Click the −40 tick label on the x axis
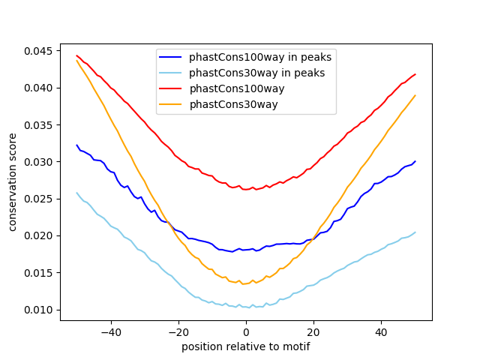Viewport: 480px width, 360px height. (110, 331)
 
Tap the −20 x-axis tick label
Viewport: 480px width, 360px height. (178, 331)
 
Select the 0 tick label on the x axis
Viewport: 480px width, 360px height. (246, 331)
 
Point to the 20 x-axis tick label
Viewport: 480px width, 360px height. (313, 331)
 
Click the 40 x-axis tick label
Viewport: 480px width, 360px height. (381, 331)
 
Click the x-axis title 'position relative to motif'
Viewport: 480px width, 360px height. (245, 346)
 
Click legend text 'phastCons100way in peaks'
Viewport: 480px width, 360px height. (260, 57)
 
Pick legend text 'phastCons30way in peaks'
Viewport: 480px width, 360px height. (257, 73)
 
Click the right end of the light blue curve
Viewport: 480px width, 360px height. (415, 232)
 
